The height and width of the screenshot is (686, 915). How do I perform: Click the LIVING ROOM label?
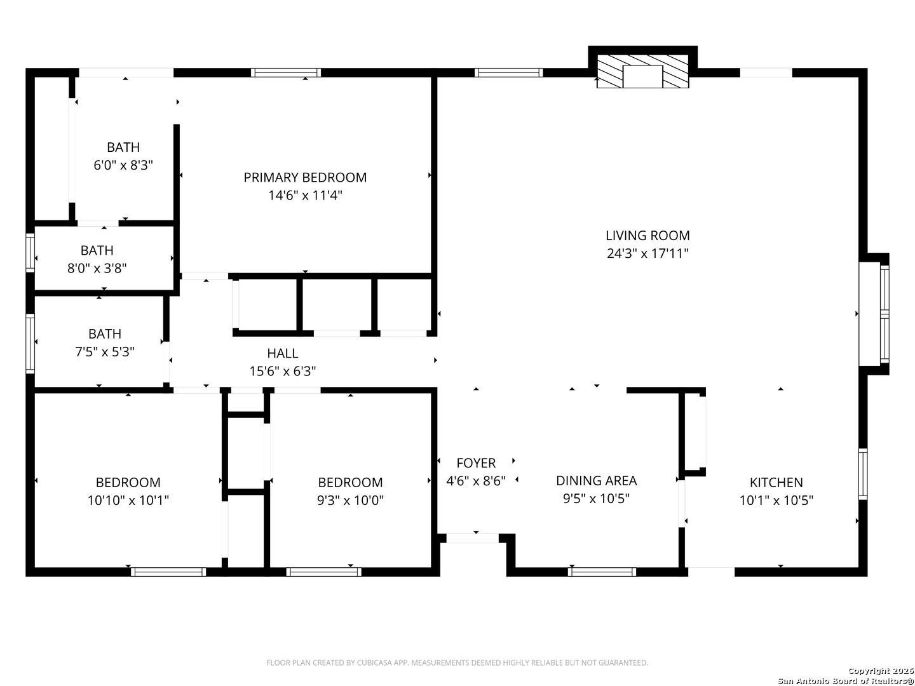pyautogui.click(x=647, y=236)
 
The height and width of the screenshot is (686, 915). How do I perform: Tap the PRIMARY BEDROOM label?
pyautogui.click(x=305, y=177)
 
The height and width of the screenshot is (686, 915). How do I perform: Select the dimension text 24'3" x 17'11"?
pyautogui.click(x=647, y=253)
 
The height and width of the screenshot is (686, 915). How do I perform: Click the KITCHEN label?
pyautogui.click(x=776, y=482)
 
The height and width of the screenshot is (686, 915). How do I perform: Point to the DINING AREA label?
pyautogui.click(x=596, y=481)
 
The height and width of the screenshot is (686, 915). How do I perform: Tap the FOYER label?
pyautogui.click(x=476, y=463)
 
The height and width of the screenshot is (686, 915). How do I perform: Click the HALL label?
pyautogui.click(x=283, y=353)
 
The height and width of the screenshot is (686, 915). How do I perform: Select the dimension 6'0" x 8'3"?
pyautogui.click(x=123, y=165)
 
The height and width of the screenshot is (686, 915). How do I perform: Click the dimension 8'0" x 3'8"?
pyautogui.click(x=97, y=268)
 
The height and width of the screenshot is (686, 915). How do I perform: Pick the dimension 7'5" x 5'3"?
pyautogui.click(x=105, y=352)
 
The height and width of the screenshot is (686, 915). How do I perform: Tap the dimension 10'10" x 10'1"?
pyautogui.click(x=128, y=500)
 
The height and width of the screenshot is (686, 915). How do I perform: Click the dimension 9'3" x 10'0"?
pyautogui.click(x=350, y=500)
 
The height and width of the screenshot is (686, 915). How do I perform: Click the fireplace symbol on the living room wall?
pyautogui.click(x=643, y=71)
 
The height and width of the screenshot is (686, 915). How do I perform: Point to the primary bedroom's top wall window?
pyautogui.click(x=286, y=73)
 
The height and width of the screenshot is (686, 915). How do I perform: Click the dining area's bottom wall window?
pyautogui.click(x=602, y=572)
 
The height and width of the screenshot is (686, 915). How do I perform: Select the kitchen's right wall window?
pyautogui.click(x=863, y=474)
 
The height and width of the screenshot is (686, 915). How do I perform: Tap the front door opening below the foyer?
pyautogui.click(x=473, y=538)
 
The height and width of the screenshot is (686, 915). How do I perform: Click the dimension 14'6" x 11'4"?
pyautogui.click(x=305, y=196)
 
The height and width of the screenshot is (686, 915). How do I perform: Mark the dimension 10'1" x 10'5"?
pyautogui.click(x=776, y=500)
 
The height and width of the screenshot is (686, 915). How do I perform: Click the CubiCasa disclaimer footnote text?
pyautogui.click(x=457, y=662)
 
